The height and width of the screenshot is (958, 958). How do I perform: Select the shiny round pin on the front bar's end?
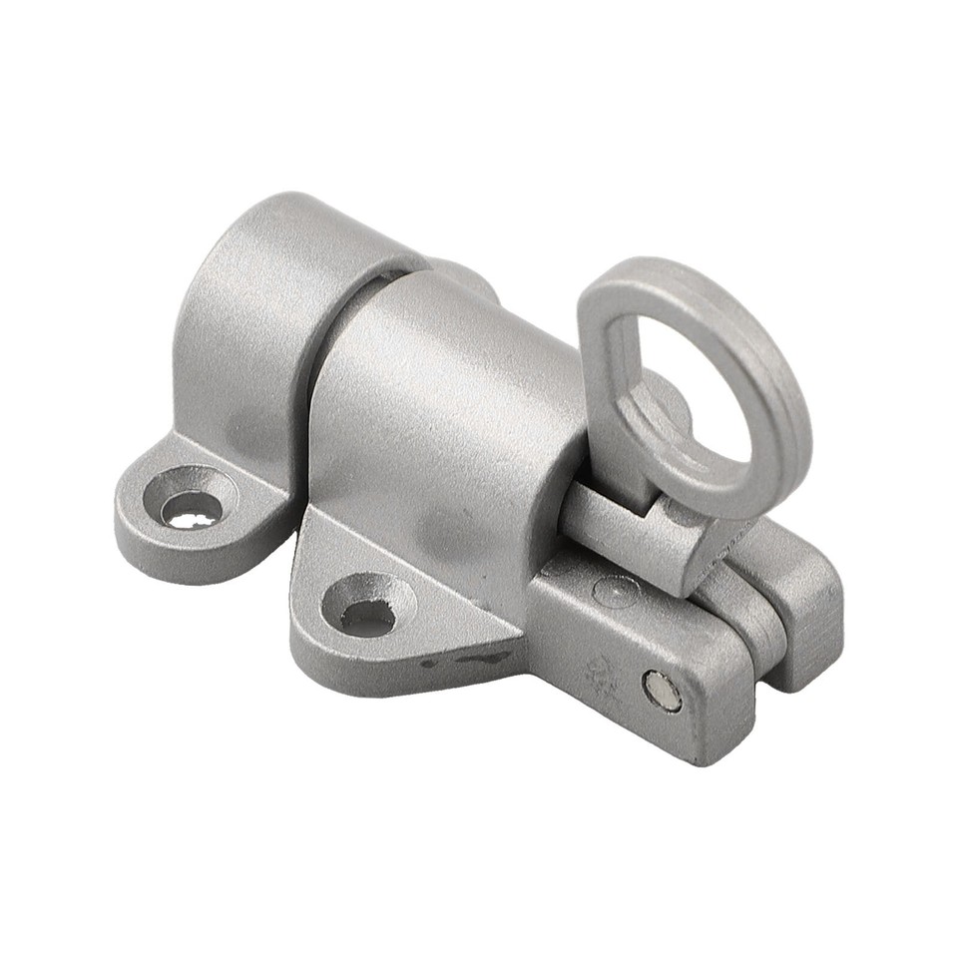tap(662, 692)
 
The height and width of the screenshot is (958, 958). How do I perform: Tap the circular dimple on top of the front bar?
tap(616, 592)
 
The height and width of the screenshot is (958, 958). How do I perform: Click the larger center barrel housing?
tap(439, 419)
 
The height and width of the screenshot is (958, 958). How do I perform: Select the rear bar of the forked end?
tap(798, 599)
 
